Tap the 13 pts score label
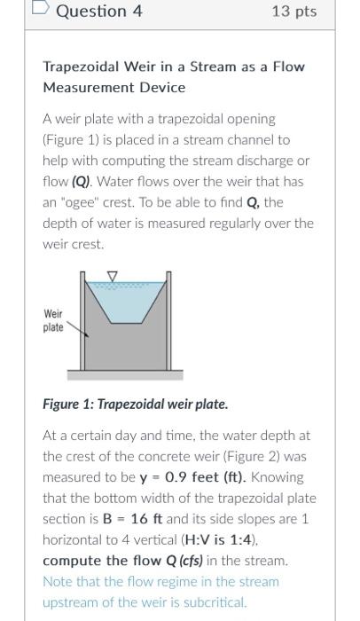point(296,12)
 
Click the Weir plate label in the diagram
point(54,320)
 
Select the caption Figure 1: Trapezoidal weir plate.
point(136,404)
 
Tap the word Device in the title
point(161,87)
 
